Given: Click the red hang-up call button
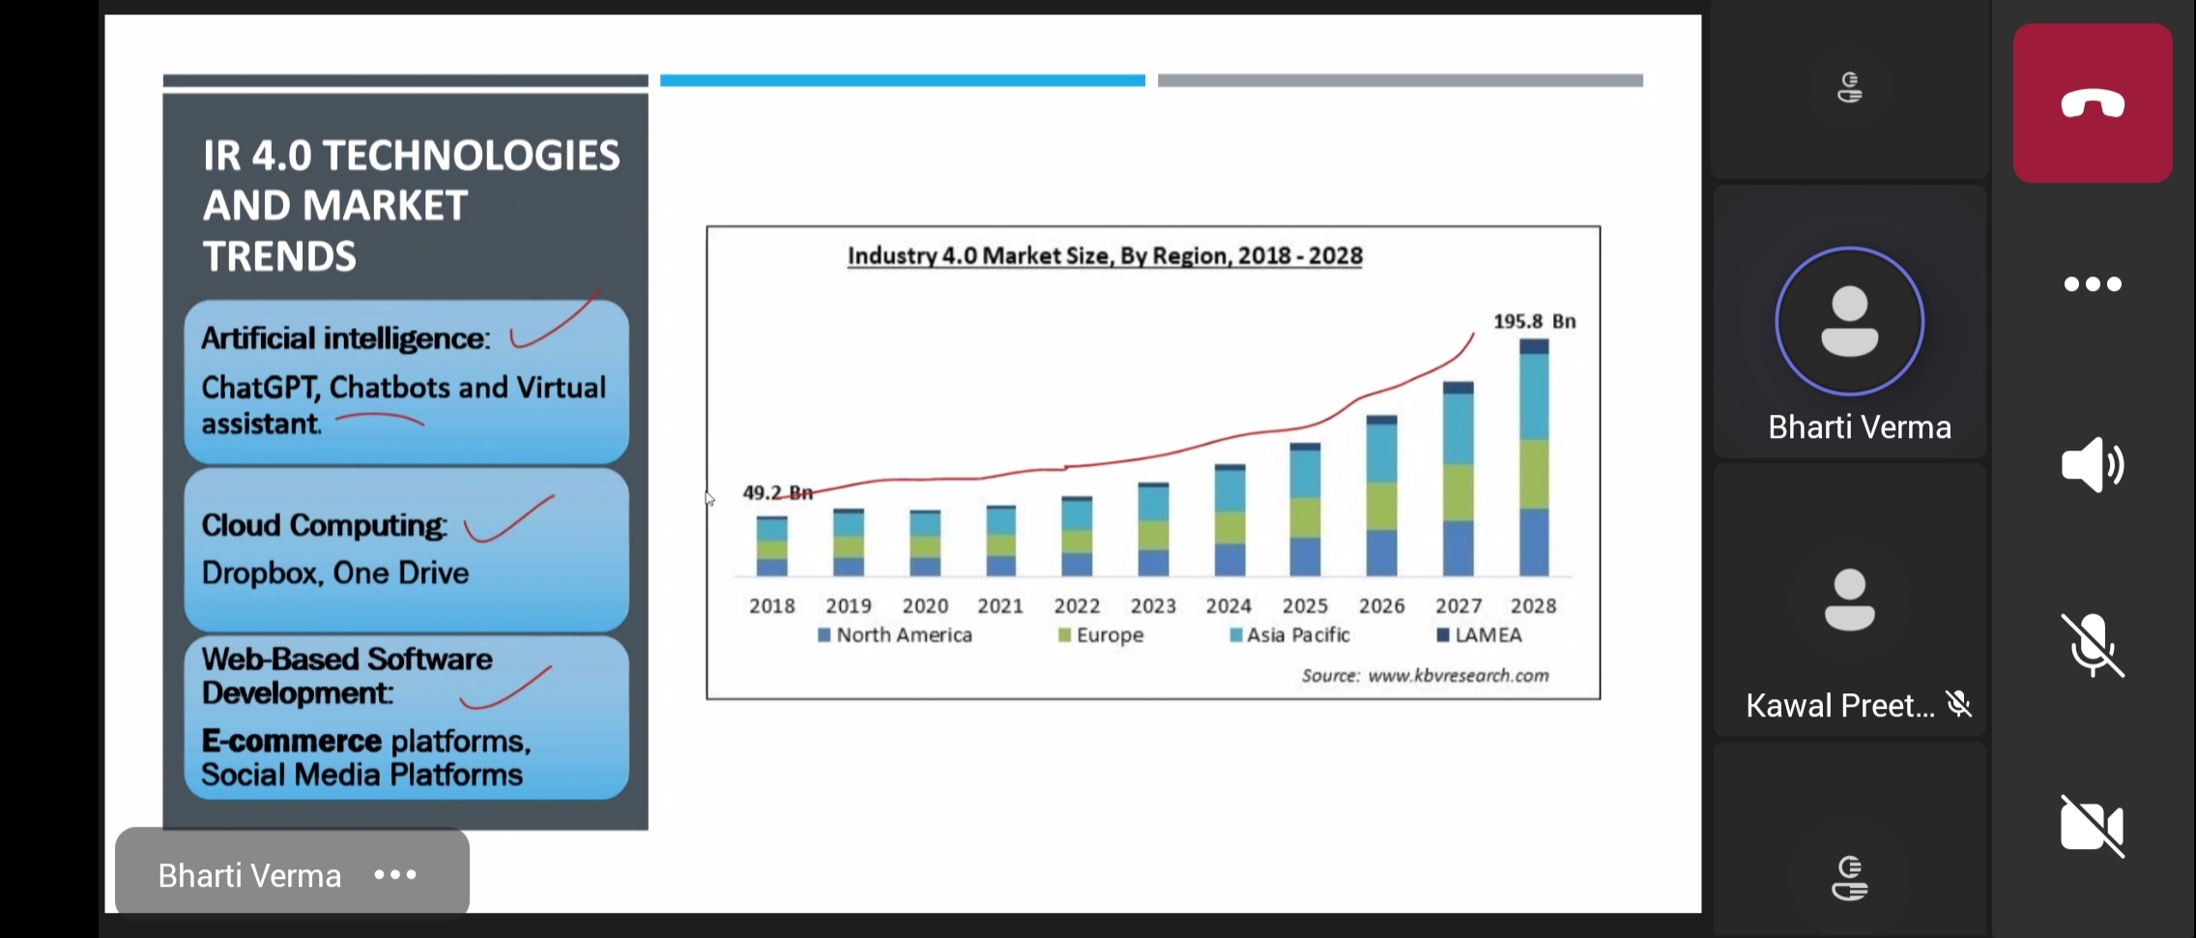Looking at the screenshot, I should click(2093, 103).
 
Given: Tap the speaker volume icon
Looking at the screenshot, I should click(2092, 465).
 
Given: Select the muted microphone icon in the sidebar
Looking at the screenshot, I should click(2092, 645).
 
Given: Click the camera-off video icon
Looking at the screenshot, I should click(2092, 826).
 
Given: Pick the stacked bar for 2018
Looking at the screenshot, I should click(771, 546).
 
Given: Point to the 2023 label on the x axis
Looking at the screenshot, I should click(1153, 606).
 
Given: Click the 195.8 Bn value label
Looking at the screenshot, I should click(1534, 321).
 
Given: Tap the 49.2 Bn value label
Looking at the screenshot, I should click(777, 492).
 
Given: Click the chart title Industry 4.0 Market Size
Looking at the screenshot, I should click(1105, 256).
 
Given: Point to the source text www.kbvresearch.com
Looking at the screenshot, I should click(1458, 676).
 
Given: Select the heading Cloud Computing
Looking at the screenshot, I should click(324, 525).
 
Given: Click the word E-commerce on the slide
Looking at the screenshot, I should click(291, 741).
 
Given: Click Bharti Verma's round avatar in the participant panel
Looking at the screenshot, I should click(1849, 321).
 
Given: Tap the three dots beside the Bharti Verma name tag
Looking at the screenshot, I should click(395, 875).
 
